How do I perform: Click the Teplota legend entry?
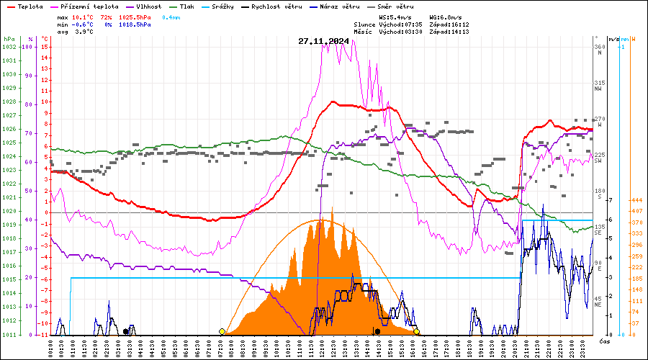click(x=29, y=6)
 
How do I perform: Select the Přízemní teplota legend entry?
click(x=89, y=6)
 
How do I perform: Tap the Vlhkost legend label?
click(x=147, y=6)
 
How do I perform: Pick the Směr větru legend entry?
click(x=395, y=6)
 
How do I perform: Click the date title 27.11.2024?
click(x=323, y=41)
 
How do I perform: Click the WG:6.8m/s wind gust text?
click(x=447, y=16)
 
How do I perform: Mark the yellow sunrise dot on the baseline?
click(x=222, y=331)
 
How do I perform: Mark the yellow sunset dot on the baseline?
click(x=417, y=331)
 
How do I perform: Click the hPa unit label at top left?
click(x=9, y=39)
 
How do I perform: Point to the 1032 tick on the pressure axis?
click(x=9, y=47)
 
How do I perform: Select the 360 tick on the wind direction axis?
click(x=598, y=47)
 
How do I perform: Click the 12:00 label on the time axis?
click(x=322, y=348)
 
